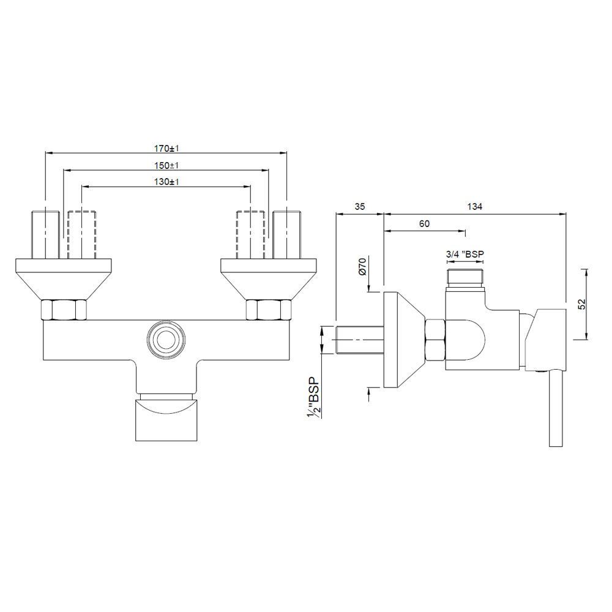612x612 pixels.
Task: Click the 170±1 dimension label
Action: coord(166,149)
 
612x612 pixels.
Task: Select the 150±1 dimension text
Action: coord(166,165)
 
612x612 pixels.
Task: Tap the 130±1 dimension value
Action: coord(166,182)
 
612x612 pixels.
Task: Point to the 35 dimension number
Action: coord(359,206)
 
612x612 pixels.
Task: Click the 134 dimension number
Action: coord(475,206)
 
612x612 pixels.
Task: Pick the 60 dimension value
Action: coord(424,223)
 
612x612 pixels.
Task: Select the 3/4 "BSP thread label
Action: coord(465,254)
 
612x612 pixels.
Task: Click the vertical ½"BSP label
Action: coord(314,398)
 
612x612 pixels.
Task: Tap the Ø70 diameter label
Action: coord(362,267)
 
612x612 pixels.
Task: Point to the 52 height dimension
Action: coord(581,304)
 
